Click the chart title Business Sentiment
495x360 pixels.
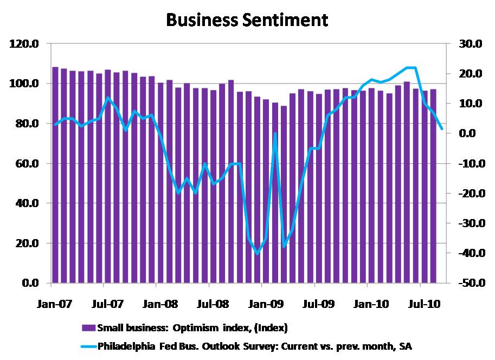(x=247, y=20)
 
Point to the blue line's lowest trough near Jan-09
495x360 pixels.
(x=257, y=253)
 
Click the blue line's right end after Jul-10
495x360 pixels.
(x=442, y=128)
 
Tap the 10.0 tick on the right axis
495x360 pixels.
(x=470, y=104)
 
